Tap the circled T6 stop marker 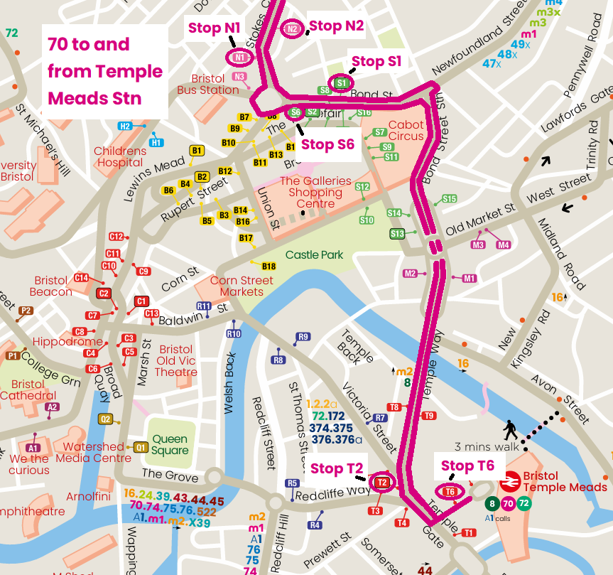point(449,492)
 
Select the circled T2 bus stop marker point(382,483)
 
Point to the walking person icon point(510,430)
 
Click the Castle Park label point(314,254)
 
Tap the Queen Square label point(170,444)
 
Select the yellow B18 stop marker point(268,267)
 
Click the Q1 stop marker point(141,447)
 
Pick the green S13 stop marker point(397,234)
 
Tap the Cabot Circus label point(406,130)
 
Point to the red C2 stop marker point(104,293)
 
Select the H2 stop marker point(125,126)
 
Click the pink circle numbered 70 point(507,504)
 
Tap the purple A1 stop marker point(33,448)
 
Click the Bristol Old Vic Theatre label point(175,361)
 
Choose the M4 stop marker point(503,245)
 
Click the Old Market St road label point(479,221)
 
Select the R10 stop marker point(233,333)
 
